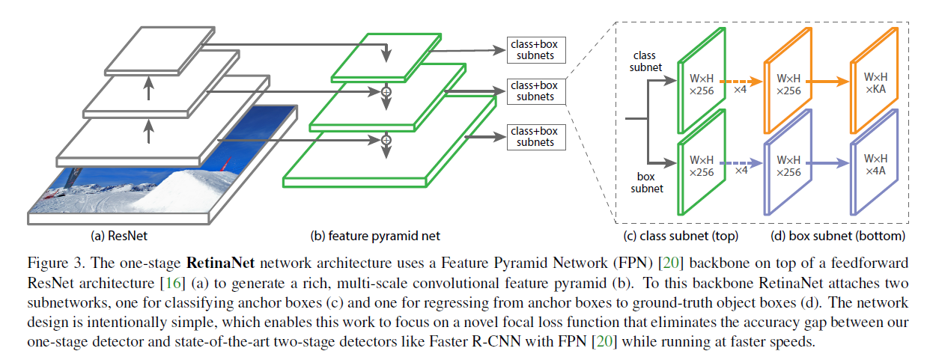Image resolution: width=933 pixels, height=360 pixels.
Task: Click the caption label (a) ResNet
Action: pyautogui.click(x=119, y=236)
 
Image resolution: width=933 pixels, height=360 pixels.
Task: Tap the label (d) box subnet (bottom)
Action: pyautogui.click(x=837, y=236)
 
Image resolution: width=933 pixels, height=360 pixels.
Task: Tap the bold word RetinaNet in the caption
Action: pyautogui.click(x=221, y=263)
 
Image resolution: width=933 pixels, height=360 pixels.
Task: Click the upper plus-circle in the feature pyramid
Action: pyautogui.click(x=387, y=91)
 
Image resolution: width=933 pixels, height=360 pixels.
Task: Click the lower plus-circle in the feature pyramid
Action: pyautogui.click(x=387, y=139)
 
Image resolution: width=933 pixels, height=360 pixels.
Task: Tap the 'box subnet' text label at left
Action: pyautogui.click(x=645, y=183)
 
